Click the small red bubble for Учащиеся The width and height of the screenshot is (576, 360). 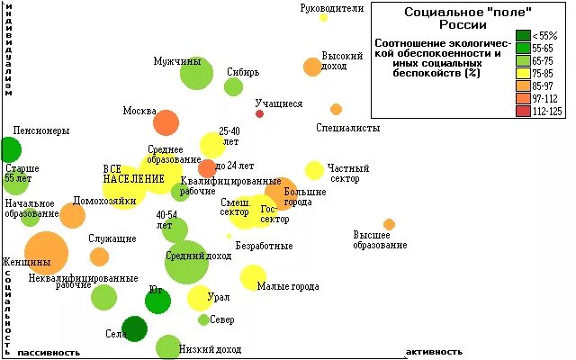pos(260,113)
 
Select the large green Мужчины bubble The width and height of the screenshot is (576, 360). pos(196,74)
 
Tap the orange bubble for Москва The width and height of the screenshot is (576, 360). pos(166,122)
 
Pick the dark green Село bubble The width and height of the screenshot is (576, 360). pos(135,328)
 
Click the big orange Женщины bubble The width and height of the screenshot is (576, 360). pos(46,253)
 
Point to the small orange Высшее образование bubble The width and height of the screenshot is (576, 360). pos(389,224)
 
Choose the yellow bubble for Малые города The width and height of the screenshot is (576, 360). pos(253,276)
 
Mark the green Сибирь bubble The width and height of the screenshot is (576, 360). pos(233,86)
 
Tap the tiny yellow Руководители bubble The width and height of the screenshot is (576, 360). pos(323,17)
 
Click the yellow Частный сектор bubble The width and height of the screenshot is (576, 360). pos(314,170)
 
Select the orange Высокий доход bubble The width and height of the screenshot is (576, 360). pos(312,67)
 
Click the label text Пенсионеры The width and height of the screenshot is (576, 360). pos(41,131)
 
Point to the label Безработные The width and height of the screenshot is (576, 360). pos(264,246)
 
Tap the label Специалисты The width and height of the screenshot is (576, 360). pos(348,129)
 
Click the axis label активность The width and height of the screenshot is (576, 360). pos(435,352)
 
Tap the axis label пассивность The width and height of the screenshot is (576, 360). pos(49,352)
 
